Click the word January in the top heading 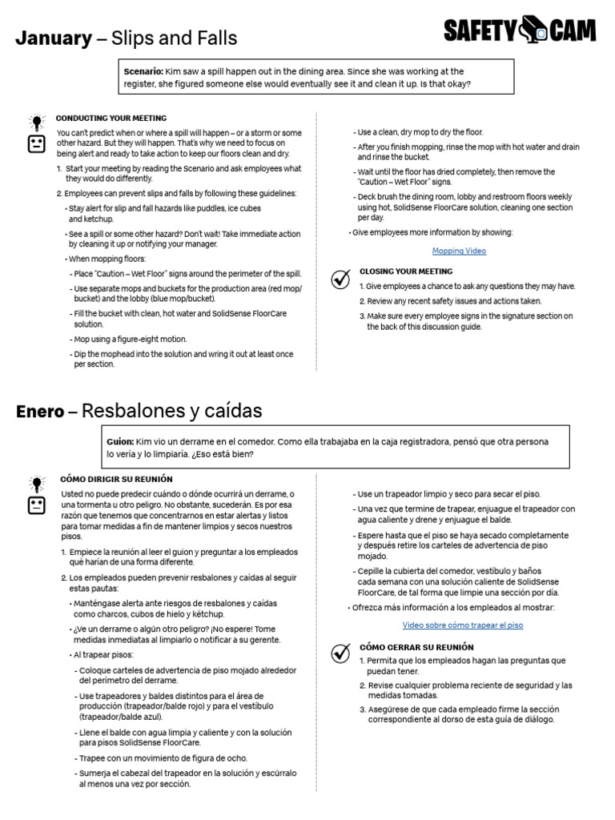click(x=53, y=38)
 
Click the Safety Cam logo click(x=520, y=30)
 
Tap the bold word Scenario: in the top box click(x=143, y=72)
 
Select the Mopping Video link click(x=459, y=251)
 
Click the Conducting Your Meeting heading click(x=111, y=118)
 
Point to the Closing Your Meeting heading click(x=405, y=271)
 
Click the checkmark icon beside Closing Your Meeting click(x=341, y=279)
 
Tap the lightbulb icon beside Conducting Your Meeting click(x=37, y=123)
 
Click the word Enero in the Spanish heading click(x=40, y=412)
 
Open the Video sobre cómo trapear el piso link click(x=462, y=625)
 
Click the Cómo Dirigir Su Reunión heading click(x=116, y=479)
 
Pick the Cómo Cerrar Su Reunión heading click(x=416, y=646)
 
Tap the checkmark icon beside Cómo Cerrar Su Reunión click(x=341, y=652)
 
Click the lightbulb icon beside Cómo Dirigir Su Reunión click(x=37, y=484)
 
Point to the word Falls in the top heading click(x=214, y=38)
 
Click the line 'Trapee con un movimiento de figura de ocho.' click(x=163, y=758)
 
